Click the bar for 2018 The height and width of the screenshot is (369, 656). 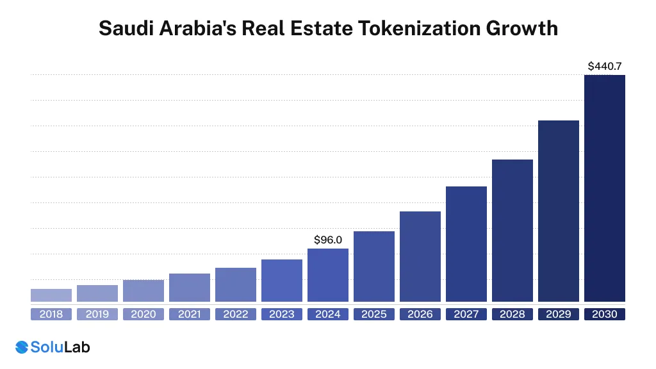51,295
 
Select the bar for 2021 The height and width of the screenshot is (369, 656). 190,288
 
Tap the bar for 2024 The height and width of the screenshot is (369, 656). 328,275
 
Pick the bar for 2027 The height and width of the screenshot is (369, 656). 466,244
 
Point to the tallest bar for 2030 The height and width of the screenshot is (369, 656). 605,188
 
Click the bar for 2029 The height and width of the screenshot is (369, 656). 559,211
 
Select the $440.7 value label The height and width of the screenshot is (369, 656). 605,66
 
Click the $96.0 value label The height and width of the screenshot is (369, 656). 328,240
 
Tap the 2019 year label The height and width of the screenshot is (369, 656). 97,315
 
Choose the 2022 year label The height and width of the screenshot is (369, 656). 236,315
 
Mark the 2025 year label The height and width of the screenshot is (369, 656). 374,315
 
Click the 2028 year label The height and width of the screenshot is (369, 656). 512,315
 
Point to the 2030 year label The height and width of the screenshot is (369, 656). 605,315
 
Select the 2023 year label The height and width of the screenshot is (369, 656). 282,315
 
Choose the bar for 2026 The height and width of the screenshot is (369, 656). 420,256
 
